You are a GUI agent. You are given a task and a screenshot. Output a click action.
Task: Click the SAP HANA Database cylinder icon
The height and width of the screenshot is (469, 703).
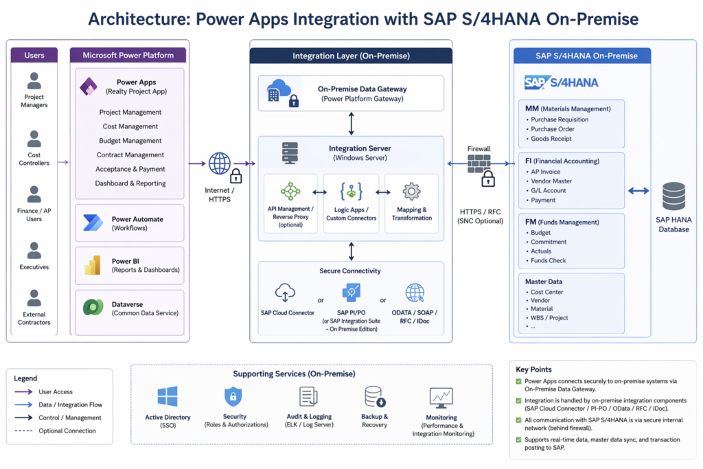coord(673,196)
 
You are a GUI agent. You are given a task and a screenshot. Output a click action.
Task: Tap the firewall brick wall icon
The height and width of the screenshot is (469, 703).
coord(479,163)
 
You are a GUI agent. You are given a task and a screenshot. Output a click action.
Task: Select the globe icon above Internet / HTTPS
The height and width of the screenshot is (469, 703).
coord(220,163)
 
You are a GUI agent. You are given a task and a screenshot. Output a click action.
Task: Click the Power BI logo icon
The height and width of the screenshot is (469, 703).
coord(93,265)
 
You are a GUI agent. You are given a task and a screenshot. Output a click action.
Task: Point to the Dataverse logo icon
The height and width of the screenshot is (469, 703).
coord(93,308)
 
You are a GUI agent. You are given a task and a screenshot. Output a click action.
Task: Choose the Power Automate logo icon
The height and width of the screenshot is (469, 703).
coord(93,222)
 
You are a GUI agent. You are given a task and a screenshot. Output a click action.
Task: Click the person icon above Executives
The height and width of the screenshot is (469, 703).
coord(34,249)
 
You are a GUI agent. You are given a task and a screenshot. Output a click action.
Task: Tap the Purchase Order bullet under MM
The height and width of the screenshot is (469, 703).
coord(553,129)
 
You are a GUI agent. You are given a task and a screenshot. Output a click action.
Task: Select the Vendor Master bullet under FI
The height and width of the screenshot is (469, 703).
coord(551,181)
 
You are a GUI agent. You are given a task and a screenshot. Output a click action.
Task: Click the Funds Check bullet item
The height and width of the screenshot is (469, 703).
coord(549,260)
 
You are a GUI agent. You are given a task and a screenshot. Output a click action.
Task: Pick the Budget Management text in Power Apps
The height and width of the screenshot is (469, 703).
coord(130,141)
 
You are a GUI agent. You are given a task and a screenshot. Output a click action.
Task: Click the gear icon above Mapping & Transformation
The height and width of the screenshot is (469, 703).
coord(411,191)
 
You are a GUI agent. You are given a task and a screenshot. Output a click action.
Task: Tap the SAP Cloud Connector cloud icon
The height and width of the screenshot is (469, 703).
coord(285,293)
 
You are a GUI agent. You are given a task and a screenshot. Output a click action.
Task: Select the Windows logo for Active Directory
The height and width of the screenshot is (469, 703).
coord(168,396)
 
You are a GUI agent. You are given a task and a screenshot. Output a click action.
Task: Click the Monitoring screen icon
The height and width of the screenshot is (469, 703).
coord(441,397)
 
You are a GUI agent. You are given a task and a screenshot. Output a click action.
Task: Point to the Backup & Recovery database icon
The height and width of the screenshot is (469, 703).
coord(374,396)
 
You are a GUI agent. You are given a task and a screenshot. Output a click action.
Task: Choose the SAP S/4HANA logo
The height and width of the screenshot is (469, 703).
coord(561,82)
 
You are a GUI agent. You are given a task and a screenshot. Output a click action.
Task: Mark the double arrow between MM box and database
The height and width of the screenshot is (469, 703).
coord(638,191)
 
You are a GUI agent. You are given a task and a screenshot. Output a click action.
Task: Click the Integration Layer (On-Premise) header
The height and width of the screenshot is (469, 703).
coord(351,56)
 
